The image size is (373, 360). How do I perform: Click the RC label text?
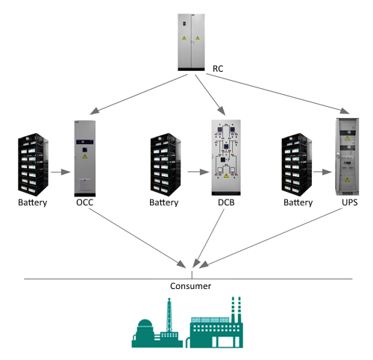218,69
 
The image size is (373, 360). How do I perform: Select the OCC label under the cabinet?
85,202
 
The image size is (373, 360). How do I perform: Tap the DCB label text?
226,202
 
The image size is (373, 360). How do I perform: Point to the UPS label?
350,202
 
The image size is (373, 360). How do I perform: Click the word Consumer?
190,286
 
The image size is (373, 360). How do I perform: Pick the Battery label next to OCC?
33,202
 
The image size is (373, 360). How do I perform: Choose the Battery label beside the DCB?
164,202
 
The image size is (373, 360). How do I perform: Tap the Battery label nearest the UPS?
298,202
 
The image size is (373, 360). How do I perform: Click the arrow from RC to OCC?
139,95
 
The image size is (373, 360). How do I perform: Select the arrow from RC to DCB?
210,95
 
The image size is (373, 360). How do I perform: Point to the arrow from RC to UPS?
278,93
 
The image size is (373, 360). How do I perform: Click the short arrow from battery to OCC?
60,172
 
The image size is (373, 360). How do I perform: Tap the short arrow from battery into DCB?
198,172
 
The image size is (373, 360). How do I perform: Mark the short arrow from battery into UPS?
322,172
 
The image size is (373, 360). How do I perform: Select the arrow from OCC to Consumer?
137,238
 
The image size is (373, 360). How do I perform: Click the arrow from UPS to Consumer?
271,238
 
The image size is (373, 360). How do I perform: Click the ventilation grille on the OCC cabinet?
85,184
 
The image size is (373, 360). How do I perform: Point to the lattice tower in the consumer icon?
169,315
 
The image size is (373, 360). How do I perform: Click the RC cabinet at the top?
191,43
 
